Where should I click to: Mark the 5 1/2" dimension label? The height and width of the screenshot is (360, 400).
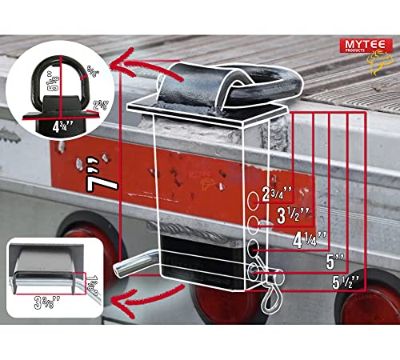344,282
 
